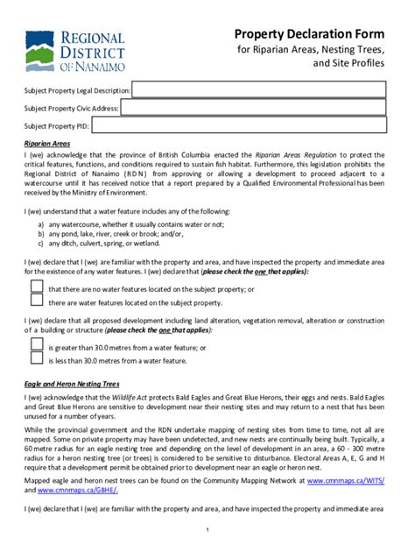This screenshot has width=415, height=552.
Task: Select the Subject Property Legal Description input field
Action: tap(258, 89)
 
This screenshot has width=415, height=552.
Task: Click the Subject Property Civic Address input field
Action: tap(258, 108)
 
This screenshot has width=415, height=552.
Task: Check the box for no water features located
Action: tap(37, 287)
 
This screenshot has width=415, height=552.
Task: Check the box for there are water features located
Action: tap(37, 302)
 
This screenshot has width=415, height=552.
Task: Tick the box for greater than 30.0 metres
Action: tap(37, 346)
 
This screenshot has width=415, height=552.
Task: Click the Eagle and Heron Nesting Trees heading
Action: tap(72, 384)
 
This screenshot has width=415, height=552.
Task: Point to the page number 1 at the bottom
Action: tap(207, 530)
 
